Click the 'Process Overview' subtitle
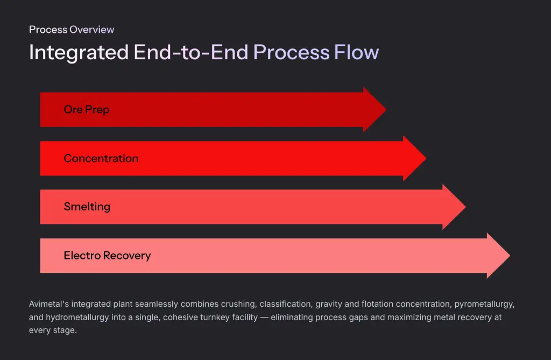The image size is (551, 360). pyautogui.click(x=72, y=30)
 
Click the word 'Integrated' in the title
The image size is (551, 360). pyautogui.click(x=79, y=52)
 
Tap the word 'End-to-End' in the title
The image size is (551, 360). pyautogui.click(x=191, y=52)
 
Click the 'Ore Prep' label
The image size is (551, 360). pyautogui.click(x=87, y=109)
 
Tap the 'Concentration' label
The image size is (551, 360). pyautogui.click(x=101, y=158)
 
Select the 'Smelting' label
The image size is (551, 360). pyautogui.click(x=87, y=207)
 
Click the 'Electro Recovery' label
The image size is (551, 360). pyautogui.click(x=107, y=256)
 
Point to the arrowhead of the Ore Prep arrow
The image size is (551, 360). pyautogui.click(x=375, y=109)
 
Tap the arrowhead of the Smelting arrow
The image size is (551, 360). pyautogui.click(x=454, y=207)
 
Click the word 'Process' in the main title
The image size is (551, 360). pyautogui.click(x=291, y=52)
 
